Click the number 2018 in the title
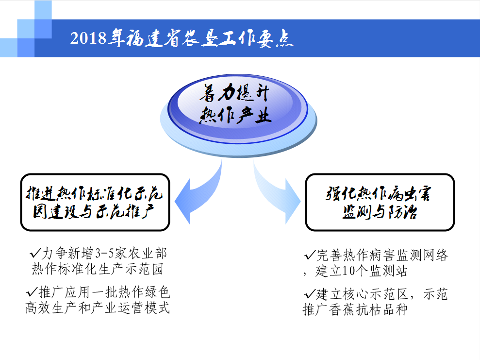click(88, 38)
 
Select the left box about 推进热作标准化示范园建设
click(95, 202)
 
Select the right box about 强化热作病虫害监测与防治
click(380, 202)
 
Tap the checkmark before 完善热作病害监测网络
click(310, 255)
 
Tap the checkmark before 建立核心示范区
click(310, 294)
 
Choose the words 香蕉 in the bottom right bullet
click(342, 309)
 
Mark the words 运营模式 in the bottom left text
click(144, 308)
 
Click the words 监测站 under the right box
click(388, 271)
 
